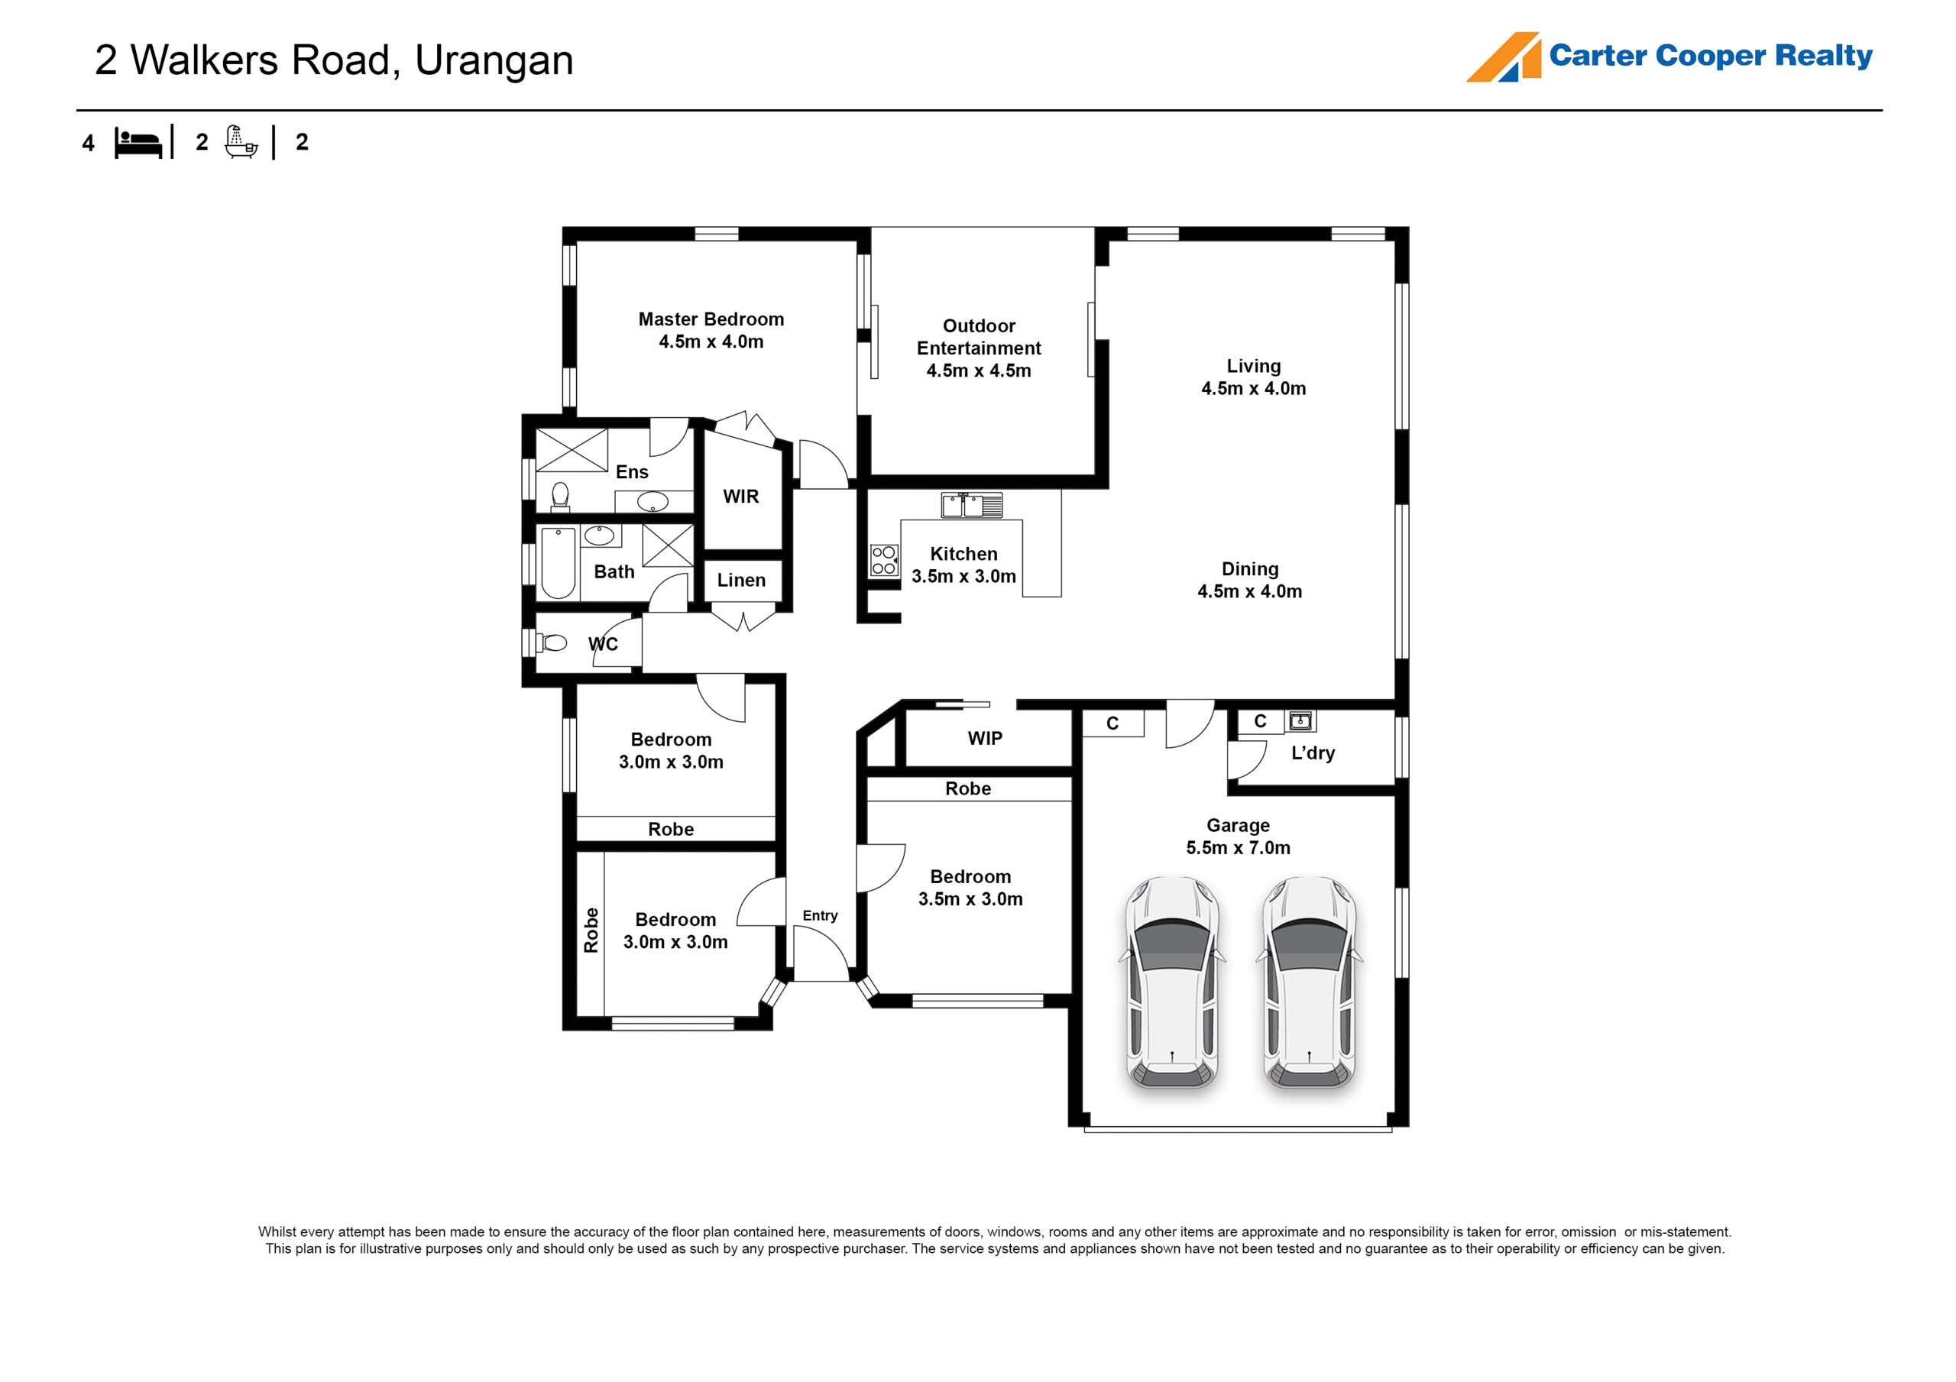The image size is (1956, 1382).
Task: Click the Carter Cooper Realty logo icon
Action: point(1503,57)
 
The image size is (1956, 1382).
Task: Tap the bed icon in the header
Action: point(138,143)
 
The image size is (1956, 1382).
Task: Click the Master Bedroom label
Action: point(711,319)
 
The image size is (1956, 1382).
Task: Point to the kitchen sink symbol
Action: point(971,505)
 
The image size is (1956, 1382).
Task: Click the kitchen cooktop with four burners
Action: point(883,561)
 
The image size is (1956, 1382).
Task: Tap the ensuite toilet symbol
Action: point(560,496)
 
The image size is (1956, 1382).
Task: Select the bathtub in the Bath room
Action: point(558,562)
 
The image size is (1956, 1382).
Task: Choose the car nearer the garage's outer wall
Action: point(1309,982)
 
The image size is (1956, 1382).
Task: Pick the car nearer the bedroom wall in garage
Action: point(1172,982)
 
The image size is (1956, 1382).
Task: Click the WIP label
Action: point(985,738)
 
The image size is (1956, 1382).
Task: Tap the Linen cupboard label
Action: point(741,581)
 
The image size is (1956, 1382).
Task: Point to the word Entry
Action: point(820,915)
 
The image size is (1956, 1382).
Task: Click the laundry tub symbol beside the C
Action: point(1300,722)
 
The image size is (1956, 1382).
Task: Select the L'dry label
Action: point(1313,753)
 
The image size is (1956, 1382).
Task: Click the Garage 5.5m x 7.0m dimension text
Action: point(1238,848)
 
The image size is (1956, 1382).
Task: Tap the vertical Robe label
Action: point(591,930)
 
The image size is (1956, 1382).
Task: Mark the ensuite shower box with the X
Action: point(571,450)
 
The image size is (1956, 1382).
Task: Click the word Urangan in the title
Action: point(494,60)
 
